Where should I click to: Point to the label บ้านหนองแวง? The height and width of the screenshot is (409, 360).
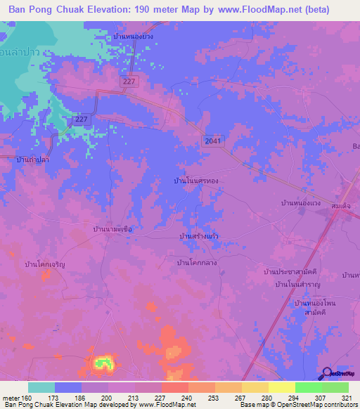(301, 203)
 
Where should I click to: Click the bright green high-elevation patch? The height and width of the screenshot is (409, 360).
(103, 363)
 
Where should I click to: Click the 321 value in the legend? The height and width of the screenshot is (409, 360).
(348, 397)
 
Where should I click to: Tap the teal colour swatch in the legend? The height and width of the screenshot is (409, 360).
(41, 387)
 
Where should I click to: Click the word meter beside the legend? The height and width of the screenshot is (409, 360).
(10, 397)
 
